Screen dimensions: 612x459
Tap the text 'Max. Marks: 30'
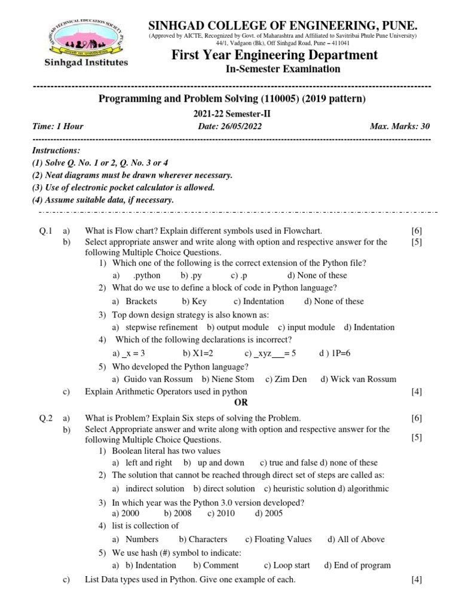(x=400, y=127)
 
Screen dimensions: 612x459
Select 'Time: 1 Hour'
(x=57, y=127)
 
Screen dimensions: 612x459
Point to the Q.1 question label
(x=45, y=231)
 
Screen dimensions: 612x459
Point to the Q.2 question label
(x=45, y=418)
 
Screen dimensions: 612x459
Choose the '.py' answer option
(x=191, y=276)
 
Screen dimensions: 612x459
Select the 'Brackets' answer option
(x=141, y=302)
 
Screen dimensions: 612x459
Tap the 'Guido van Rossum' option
(x=158, y=380)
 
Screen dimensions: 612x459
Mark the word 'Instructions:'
(x=56, y=151)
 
